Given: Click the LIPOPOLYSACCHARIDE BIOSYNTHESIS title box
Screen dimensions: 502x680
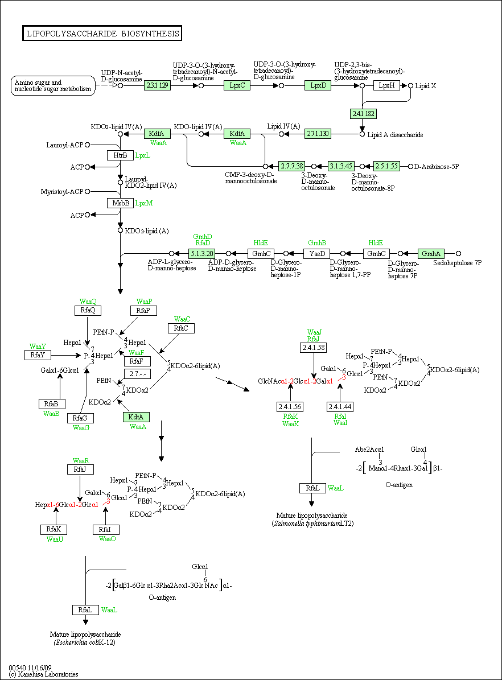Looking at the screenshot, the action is (102, 34).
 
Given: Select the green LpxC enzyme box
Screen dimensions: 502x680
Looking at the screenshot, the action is (237, 85).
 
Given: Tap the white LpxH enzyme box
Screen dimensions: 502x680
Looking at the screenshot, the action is (386, 85).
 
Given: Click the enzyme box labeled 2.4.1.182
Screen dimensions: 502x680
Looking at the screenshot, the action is (363, 114).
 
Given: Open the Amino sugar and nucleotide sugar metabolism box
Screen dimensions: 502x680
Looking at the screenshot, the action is (53, 85).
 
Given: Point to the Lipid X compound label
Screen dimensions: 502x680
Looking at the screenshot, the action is (426, 86).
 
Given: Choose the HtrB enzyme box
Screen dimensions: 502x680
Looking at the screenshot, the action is (120, 155).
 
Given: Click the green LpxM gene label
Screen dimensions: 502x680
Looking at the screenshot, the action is (143, 203).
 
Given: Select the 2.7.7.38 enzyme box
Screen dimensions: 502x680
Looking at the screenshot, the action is (292, 166).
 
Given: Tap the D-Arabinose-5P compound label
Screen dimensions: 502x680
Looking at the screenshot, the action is (437, 167).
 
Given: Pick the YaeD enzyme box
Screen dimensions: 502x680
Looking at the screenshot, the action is (316, 253).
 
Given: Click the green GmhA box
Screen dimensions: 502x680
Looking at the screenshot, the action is (431, 253).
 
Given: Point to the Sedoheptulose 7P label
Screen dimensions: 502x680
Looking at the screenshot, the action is (457, 263).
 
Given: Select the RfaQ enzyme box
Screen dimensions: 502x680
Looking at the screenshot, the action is (88, 311).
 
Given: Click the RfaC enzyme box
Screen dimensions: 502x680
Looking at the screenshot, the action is (181, 328).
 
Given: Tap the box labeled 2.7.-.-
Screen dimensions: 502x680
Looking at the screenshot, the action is (138, 374).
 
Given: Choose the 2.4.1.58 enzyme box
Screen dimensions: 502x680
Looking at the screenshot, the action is (313, 348).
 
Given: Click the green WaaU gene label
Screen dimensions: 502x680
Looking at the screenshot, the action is (55, 539).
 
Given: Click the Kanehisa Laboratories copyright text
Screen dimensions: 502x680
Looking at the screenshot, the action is (43, 674).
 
